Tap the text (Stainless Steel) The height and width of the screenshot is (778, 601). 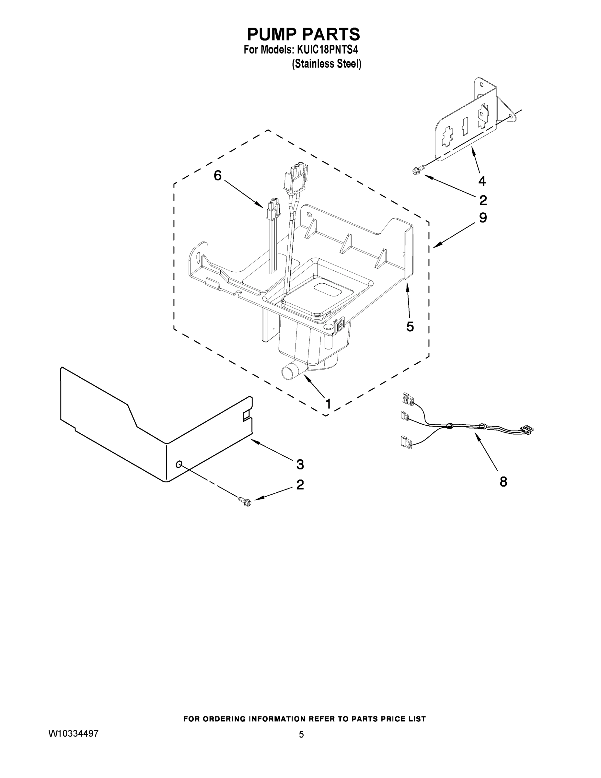tap(327, 64)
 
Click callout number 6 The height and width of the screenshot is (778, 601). tap(217, 175)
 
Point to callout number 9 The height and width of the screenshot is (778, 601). tap(483, 218)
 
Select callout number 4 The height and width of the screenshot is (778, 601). tap(482, 181)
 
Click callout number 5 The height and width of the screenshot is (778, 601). tap(410, 327)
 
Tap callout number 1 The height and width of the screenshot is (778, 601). tap(328, 404)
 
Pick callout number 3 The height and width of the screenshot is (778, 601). tap(300, 465)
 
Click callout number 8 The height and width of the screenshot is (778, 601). tap(503, 482)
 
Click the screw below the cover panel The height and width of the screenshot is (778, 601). tap(245, 501)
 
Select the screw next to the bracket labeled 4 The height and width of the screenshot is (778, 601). tap(417, 171)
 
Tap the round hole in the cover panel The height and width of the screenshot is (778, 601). tap(179, 464)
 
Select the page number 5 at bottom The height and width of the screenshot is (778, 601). tap(301, 735)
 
